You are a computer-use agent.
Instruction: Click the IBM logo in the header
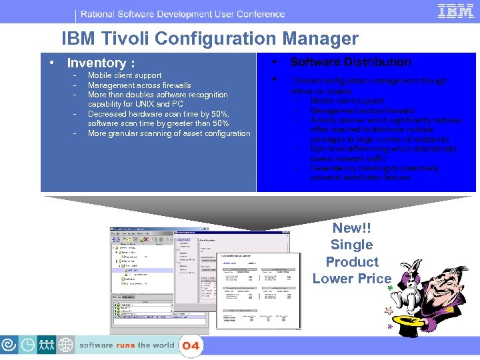coord(456,11)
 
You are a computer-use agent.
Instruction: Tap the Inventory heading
coord(101,63)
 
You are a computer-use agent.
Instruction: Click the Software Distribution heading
coord(351,62)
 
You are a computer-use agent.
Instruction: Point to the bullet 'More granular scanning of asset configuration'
coord(169,133)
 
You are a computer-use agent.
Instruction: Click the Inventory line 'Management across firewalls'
coord(139,85)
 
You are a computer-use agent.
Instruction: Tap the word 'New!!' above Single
coord(351,228)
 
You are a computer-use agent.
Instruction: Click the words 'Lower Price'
coord(351,279)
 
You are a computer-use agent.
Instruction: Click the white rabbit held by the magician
coord(407,289)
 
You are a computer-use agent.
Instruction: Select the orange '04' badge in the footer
coord(191,345)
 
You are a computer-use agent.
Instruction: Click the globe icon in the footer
coord(66,345)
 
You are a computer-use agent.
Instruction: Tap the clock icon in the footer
coord(29,345)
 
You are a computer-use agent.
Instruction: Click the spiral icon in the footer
coord(10,345)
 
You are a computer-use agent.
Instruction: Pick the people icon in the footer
coord(47,345)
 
